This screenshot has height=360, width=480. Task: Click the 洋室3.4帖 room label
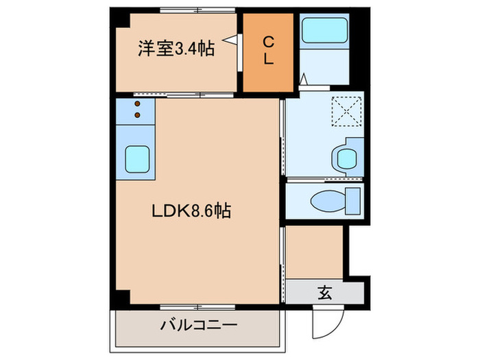pyautogui.click(x=176, y=49)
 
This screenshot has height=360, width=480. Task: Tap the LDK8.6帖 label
pyautogui.click(x=190, y=212)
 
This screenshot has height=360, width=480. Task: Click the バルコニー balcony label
pyautogui.click(x=199, y=324)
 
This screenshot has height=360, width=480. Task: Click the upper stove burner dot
pyautogui.click(x=137, y=105)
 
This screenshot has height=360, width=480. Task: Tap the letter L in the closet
pyautogui.click(x=269, y=60)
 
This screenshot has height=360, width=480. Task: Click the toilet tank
pyautogui.click(x=352, y=200)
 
